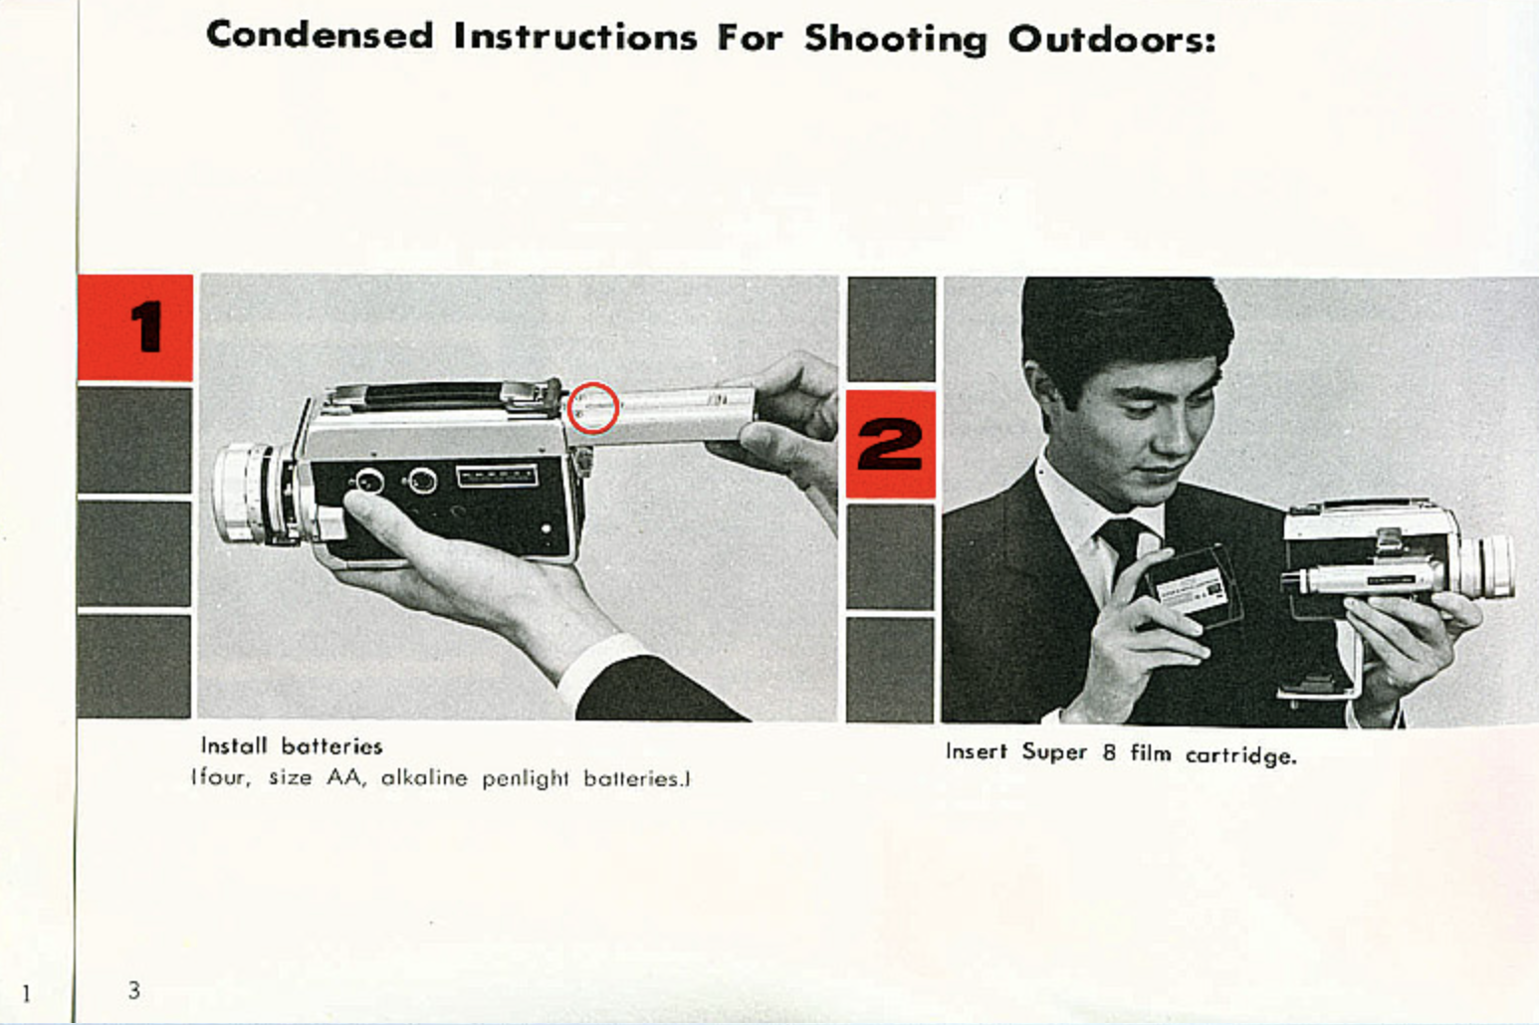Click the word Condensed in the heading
[x=321, y=35]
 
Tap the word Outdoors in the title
[x=1112, y=39]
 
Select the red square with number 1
[x=135, y=327]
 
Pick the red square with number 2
[x=890, y=444]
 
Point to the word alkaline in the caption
[x=424, y=777]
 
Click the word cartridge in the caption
[x=1240, y=755]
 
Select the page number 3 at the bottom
[x=134, y=990]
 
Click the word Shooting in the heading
[x=895, y=39]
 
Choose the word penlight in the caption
[x=525, y=778]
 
